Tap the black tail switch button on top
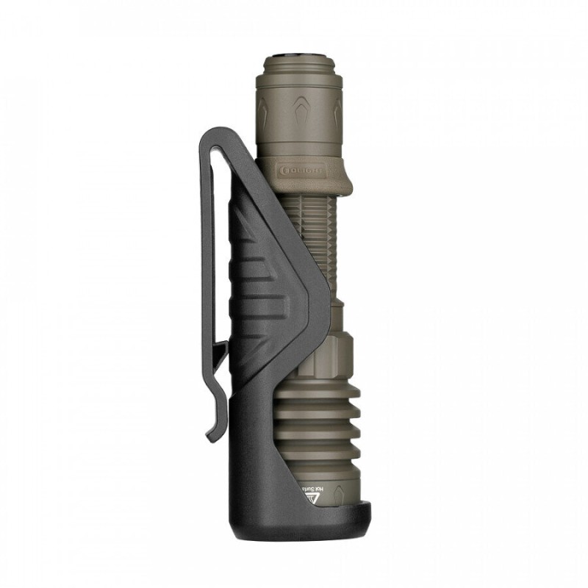click(297, 54)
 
